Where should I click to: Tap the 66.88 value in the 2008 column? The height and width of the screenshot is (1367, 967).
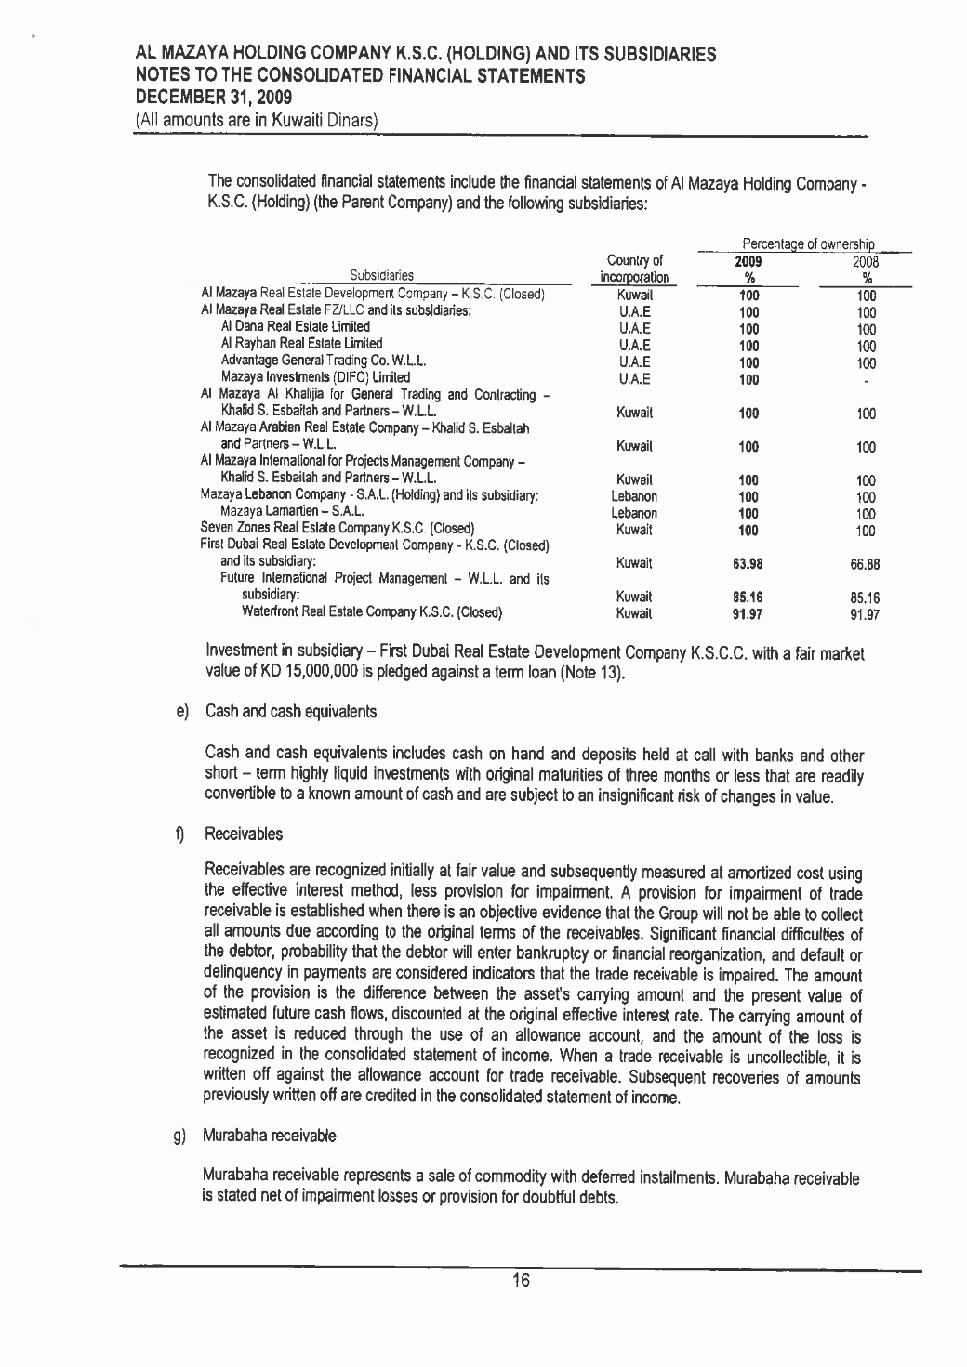coord(866,564)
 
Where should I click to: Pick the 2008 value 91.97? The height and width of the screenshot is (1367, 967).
coord(866,614)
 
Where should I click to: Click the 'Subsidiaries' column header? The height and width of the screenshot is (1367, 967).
coord(382,275)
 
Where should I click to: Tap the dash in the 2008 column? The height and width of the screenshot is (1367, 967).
coord(866,380)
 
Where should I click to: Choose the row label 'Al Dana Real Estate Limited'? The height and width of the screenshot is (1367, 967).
coord(296,327)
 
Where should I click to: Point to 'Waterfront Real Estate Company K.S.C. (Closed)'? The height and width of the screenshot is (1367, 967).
coord(372,612)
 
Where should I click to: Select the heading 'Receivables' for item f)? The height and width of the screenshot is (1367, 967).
coord(244,835)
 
